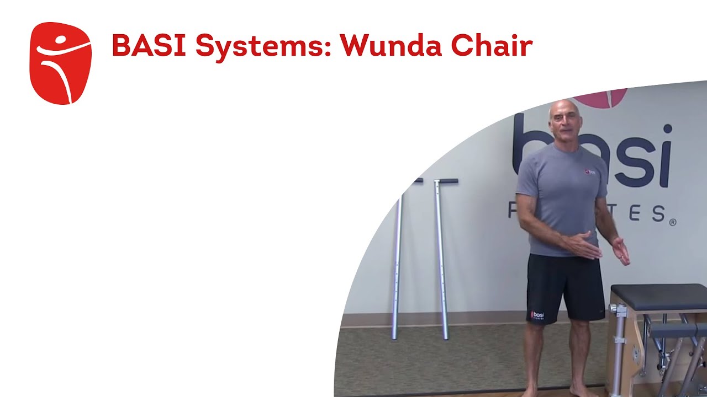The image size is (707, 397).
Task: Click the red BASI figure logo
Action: pyautogui.click(x=60, y=63)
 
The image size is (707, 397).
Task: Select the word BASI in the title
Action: pyautogui.click(x=149, y=46)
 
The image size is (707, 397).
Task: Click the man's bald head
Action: pyautogui.click(x=563, y=110)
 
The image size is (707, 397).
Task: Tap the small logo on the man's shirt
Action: pyautogui.click(x=590, y=172)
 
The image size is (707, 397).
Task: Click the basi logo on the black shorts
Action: pyautogui.click(x=537, y=315)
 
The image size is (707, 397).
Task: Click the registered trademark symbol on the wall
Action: pyautogui.click(x=672, y=222)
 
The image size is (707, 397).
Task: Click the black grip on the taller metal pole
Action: pyautogui.click(x=445, y=181)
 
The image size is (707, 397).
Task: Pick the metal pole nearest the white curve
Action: pyautogui.click(x=397, y=259)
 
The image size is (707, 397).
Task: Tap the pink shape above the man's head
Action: pyautogui.click(x=602, y=97)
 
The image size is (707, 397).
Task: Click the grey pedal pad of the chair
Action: pyautogui.click(x=677, y=330)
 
